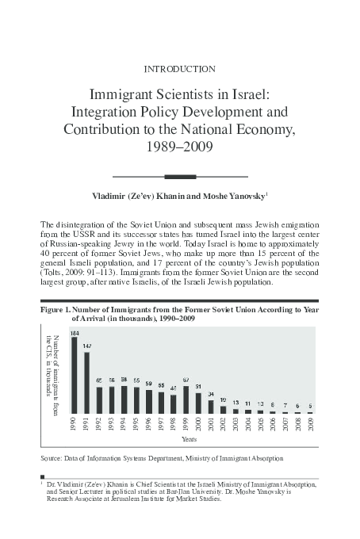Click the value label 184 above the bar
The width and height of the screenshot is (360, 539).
tap(74, 333)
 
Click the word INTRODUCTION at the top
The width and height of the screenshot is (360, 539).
tap(179, 68)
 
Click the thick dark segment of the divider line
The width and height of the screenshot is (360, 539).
tap(179, 175)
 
